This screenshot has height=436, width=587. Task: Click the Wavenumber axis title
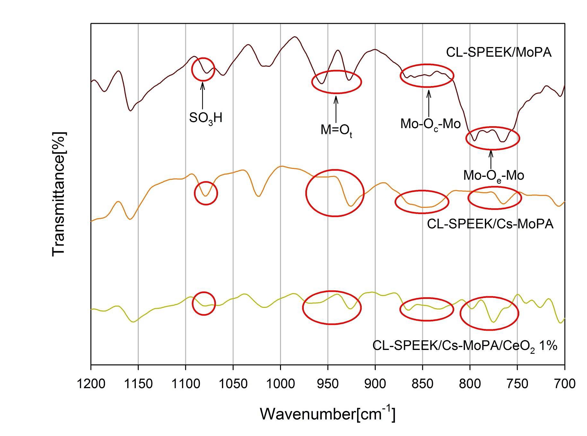327,414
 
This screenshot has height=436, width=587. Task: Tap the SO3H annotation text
206,118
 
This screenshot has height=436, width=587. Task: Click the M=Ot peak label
336,131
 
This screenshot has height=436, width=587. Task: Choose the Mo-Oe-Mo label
494,176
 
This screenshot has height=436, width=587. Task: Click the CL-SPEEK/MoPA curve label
499,52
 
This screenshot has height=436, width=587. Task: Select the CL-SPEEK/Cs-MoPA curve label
490,224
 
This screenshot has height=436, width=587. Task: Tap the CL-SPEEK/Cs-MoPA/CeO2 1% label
465,346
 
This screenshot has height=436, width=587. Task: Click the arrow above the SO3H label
203,96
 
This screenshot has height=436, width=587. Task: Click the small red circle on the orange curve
206,193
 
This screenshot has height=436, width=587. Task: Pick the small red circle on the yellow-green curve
204,303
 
